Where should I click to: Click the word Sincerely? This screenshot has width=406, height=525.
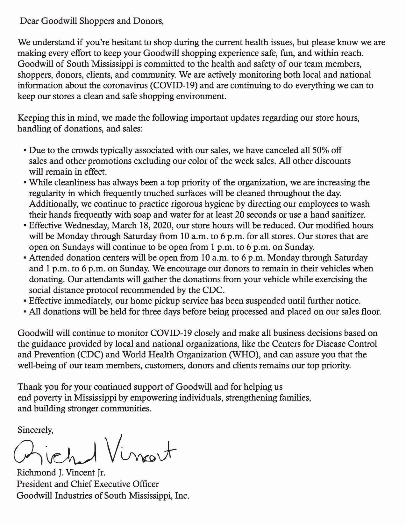pos(35,430)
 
